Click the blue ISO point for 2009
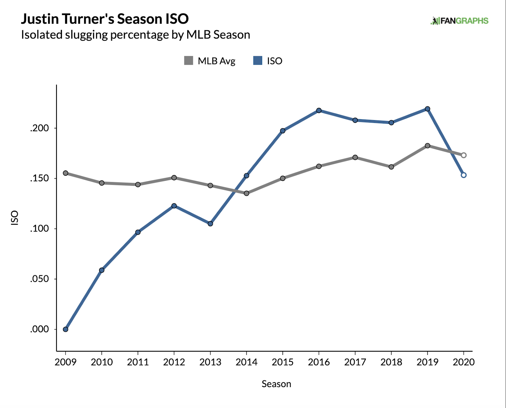click(x=65, y=329)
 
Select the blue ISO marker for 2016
click(x=319, y=111)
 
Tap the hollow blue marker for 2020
click(x=464, y=175)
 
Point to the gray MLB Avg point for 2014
click(x=246, y=193)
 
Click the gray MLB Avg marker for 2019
click(x=428, y=146)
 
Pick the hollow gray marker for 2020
click(x=464, y=155)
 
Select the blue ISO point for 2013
click(x=210, y=224)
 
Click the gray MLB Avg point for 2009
click(x=65, y=173)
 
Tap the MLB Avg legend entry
click(x=210, y=61)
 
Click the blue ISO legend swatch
click(x=258, y=61)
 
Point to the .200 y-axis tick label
click(x=40, y=128)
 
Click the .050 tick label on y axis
click(x=40, y=279)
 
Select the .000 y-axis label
click(x=40, y=329)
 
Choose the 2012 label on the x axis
click(x=174, y=362)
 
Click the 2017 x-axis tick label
click(x=355, y=362)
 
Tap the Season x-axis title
click(x=276, y=384)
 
